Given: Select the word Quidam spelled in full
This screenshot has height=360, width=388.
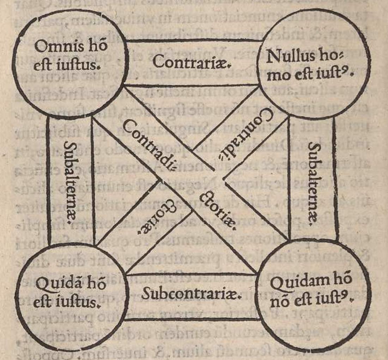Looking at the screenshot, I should click(295, 283).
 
